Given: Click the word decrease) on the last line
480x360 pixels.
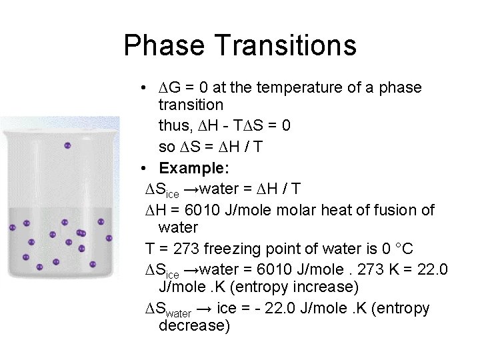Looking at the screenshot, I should coord(194,326).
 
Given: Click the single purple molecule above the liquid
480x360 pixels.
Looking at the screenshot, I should coord(67,145).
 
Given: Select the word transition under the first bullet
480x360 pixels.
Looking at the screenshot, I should coord(191,105).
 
